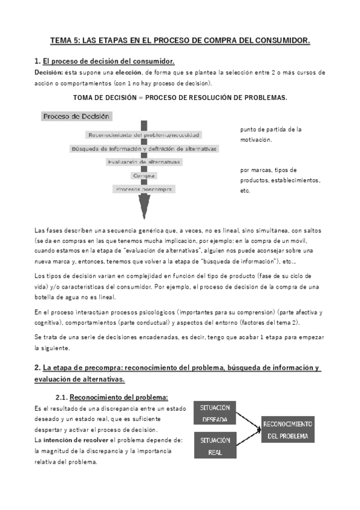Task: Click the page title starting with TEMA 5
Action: (180, 40)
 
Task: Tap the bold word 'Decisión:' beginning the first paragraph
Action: (50, 72)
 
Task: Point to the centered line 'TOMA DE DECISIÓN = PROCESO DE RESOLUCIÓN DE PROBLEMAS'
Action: (180, 97)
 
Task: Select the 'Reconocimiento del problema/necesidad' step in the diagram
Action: (144, 135)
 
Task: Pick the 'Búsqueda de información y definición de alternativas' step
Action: (144, 149)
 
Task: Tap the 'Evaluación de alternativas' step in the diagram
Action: (144, 162)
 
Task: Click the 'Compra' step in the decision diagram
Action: (144, 176)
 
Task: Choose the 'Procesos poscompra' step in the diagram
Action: (144, 189)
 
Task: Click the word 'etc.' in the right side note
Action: (245, 191)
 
